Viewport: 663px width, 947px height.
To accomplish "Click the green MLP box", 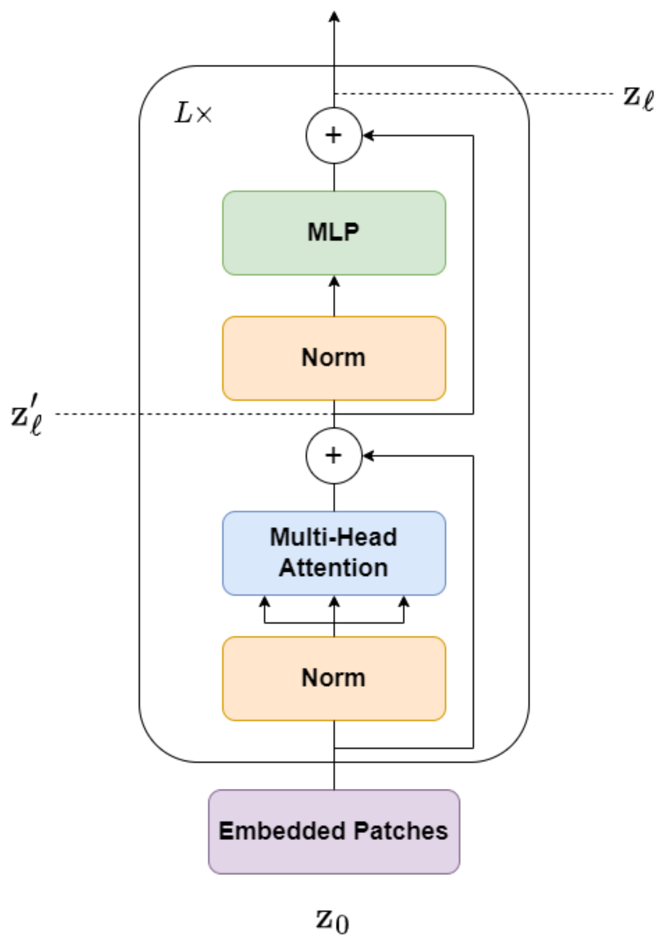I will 333,232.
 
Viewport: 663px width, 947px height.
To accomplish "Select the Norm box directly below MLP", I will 333,358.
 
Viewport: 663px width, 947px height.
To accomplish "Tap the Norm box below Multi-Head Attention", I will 333,678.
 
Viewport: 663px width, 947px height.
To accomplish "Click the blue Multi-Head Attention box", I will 333,553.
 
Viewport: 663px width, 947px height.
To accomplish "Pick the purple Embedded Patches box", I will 333,831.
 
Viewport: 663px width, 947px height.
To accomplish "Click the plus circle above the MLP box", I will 333,135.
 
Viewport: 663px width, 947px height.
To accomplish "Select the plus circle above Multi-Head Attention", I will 333,456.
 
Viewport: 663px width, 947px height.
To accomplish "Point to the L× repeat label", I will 193,114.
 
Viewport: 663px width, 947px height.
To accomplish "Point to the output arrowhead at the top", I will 334,17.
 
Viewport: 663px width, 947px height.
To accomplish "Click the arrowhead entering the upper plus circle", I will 368,135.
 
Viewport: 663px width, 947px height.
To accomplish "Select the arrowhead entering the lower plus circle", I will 368,456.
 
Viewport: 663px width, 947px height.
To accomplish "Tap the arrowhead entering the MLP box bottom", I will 334,282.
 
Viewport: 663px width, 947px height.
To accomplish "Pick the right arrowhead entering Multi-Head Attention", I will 403,602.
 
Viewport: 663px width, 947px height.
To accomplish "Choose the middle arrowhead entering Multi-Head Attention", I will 334,602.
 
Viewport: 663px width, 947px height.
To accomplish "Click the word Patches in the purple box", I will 400,831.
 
